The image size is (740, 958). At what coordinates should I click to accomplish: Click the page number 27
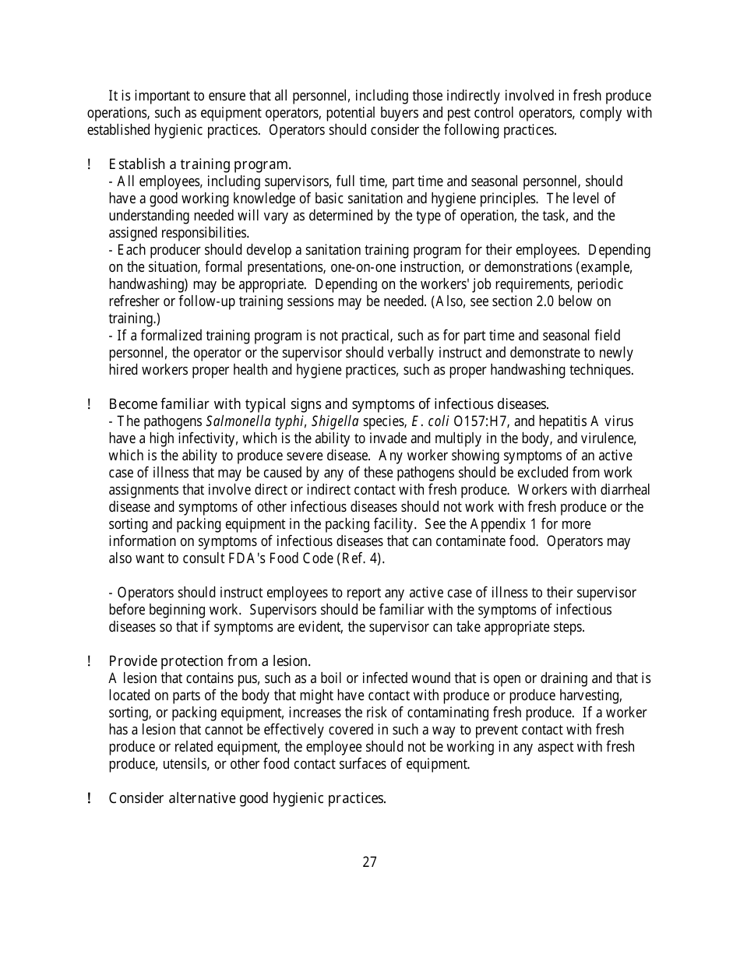[369, 861]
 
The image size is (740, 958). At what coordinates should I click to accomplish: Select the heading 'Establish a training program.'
[200, 164]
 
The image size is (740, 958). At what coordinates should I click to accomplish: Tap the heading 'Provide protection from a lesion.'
[210, 661]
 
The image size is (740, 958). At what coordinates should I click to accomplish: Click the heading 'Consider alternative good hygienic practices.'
[247, 798]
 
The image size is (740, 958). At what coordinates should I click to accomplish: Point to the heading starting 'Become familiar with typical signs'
[329, 403]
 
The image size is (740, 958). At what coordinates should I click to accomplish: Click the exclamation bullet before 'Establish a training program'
[90, 164]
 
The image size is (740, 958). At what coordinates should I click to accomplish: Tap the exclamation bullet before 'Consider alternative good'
[90, 798]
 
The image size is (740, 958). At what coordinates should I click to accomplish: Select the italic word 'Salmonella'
[234, 421]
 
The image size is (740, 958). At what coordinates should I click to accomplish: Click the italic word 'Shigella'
[335, 421]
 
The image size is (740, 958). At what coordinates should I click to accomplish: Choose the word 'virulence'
[608, 438]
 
